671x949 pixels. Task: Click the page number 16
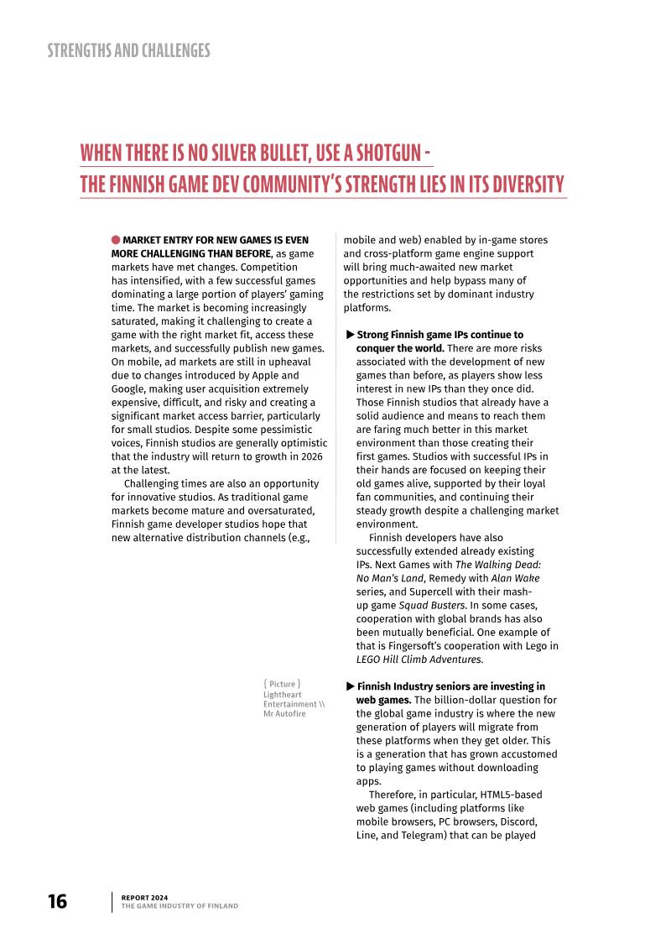pyautogui.click(x=57, y=901)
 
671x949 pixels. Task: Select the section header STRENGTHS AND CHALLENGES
pyautogui.click(x=128, y=50)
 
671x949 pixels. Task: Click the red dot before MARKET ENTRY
pyautogui.click(x=116, y=240)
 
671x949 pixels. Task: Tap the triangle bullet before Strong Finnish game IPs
pyautogui.click(x=351, y=335)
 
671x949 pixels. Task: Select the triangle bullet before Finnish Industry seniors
pyautogui.click(x=351, y=686)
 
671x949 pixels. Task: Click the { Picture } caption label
pyautogui.click(x=282, y=684)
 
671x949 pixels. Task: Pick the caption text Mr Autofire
pyautogui.click(x=284, y=714)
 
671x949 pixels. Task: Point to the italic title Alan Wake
pyautogui.click(x=515, y=578)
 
